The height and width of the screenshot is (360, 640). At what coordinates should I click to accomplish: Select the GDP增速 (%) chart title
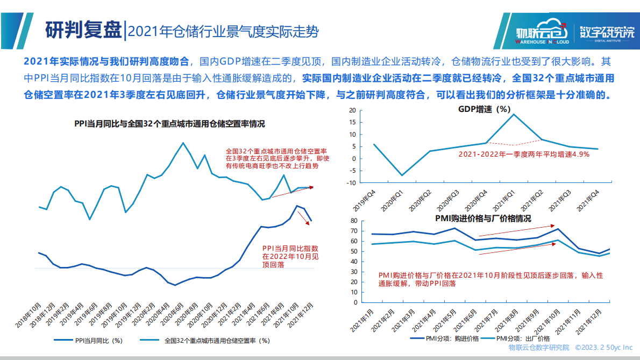(484, 109)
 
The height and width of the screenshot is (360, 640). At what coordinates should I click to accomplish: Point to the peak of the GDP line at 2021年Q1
(514, 114)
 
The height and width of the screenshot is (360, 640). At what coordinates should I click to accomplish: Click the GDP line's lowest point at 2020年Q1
(401, 175)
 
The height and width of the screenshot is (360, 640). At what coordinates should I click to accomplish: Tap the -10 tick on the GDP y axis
(352, 182)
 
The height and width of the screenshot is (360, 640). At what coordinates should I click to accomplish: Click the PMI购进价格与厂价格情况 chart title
(483, 218)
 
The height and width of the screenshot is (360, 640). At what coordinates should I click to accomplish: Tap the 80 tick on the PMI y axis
(354, 221)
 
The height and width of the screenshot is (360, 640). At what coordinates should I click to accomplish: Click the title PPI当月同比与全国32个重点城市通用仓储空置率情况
(169, 124)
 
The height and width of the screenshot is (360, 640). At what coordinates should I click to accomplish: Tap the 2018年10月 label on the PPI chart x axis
(30, 316)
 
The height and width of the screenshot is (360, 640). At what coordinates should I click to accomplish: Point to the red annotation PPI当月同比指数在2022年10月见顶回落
(290, 257)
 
